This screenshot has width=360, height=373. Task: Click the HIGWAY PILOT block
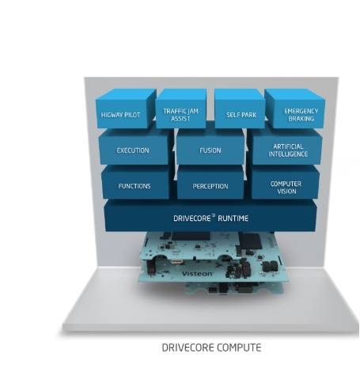(x=126, y=109)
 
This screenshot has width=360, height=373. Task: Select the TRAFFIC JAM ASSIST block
(x=181, y=109)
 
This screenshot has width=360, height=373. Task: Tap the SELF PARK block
(x=240, y=109)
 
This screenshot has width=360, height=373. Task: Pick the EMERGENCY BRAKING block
(x=295, y=109)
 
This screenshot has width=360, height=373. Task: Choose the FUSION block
(x=210, y=147)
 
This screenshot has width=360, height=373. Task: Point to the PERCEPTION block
(x=210, y=182)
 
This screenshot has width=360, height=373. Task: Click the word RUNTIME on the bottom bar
(x=233, y=219)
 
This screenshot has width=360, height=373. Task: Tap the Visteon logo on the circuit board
(x=198, y=274)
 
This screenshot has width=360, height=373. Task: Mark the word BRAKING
(x=301, y=119)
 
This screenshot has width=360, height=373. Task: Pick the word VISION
(x=286, y=191)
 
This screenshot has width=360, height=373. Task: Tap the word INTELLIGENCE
(x=288, y=154)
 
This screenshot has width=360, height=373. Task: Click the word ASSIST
(x=180, y=119)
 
